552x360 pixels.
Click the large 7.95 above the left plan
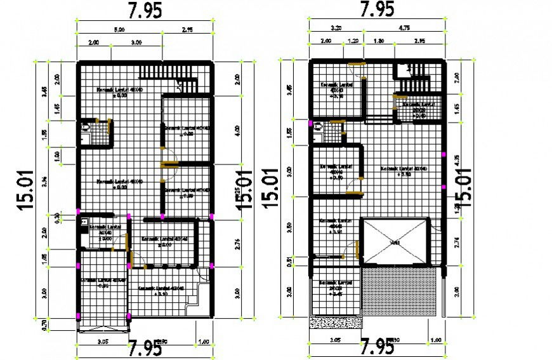pos(144,10)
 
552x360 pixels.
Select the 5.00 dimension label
pos(119,29)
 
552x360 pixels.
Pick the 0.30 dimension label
pos(57,217)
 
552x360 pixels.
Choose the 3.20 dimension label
pos(336,29)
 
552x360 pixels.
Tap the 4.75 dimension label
pos(404,29)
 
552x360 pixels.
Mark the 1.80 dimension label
pos(379,41)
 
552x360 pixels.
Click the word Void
pos(395,243)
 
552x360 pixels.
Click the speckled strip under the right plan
pos(336,323)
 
